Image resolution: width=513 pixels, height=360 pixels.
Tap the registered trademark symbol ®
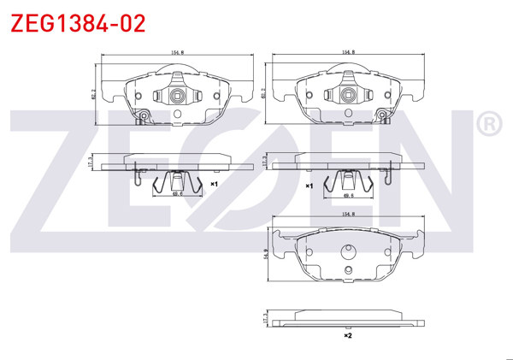(489, 125)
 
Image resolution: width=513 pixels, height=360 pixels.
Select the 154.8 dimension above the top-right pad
(349, 52)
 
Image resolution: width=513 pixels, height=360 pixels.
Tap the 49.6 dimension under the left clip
(178, 194)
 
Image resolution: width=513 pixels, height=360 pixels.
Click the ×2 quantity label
(347, 336)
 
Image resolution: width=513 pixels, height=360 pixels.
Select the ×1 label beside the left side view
(215, 184)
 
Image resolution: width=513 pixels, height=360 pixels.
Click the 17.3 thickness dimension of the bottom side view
(267, 318)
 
